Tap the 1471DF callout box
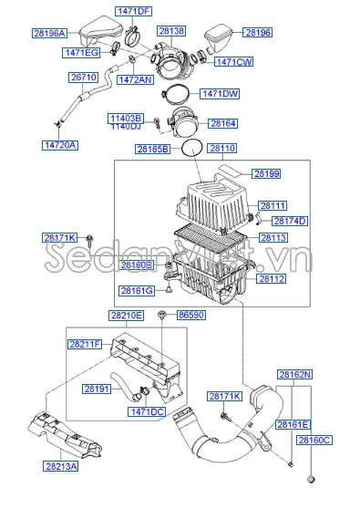[133, 11]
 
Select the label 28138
[171, 31]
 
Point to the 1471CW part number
[232, 62]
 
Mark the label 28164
[222, 122]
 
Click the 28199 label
[267, 172]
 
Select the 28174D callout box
[291, 221]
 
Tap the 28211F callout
[87, 345]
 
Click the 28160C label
[314, 440]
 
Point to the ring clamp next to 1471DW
[180, 94]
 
